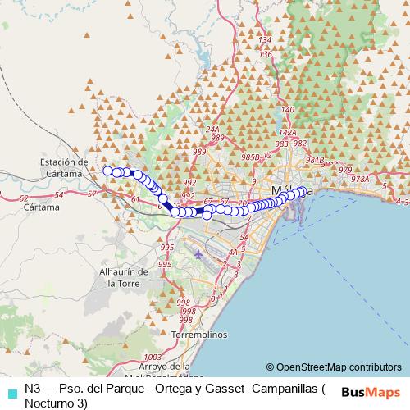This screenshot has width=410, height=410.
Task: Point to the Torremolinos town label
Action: (194, 335)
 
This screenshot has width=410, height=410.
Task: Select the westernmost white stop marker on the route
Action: (107, 171)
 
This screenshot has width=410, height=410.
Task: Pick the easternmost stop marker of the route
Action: (302, 191)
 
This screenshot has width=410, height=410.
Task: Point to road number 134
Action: (264, 40)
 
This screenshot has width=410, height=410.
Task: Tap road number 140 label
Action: (286, 109)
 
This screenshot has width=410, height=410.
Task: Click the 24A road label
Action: (214, 130)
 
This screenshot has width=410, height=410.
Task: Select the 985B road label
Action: (250, 156)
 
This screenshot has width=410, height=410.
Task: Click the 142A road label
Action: (287, 132)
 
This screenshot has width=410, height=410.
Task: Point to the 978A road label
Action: (359, 179)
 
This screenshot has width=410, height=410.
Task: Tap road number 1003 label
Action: (152, 357)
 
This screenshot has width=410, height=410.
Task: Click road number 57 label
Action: (92, 194)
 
